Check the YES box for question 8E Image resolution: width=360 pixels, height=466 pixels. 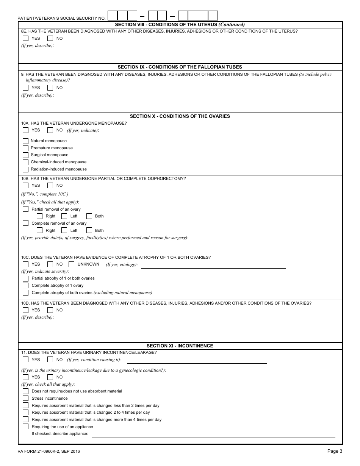click(25, 38)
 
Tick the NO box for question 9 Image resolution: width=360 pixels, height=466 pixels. click(50, 88)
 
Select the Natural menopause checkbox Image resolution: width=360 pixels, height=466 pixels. click(25, 141)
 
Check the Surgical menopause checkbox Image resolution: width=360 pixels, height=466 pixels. click(25, 155)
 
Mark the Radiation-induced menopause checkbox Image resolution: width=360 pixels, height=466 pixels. click(25, 169)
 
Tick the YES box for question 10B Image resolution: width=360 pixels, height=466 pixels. click(25, 186)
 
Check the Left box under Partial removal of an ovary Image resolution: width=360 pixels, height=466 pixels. click(64, 216)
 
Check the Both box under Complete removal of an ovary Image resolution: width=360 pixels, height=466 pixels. click(89, 230)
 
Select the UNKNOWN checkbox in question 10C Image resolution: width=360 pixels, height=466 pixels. click(71, 264)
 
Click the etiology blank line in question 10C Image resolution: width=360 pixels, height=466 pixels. click(213, 265)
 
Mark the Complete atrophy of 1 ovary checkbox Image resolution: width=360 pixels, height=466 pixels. click(25, 286)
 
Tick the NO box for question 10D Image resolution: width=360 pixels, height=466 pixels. click(50, 310)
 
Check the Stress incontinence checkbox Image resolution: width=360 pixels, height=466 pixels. click(25, 399)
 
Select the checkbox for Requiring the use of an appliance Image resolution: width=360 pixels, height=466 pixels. click(25, 427)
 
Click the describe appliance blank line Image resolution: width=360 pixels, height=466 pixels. click(213, 435)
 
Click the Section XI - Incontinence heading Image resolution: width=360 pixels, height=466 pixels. click(180, 346)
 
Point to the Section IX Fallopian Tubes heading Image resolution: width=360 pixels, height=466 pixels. click(180, 67)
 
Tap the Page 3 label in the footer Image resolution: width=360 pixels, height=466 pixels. click(335, 451)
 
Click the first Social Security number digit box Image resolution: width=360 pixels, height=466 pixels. click(113, 16)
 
